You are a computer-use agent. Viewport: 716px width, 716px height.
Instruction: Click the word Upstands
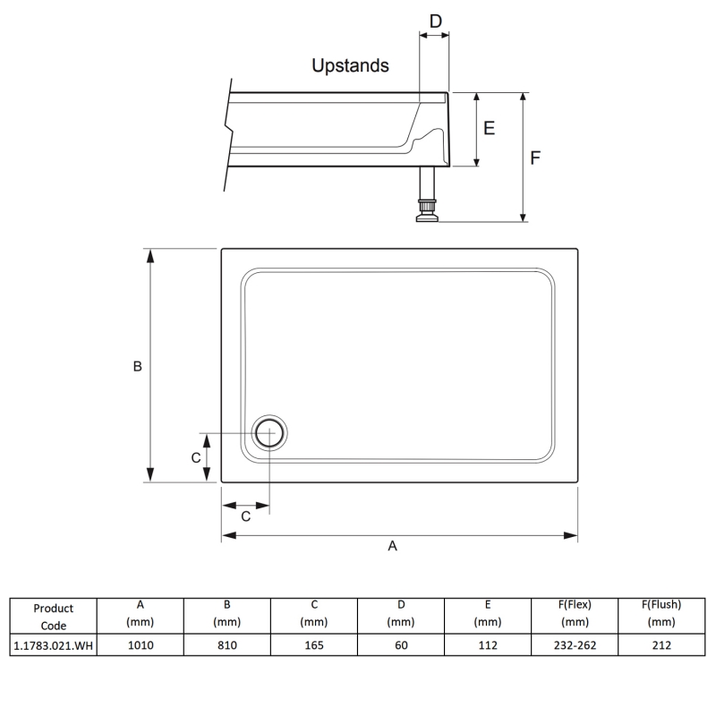(x=350, y=65)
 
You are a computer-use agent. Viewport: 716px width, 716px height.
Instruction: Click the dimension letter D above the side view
(x=435, y=21)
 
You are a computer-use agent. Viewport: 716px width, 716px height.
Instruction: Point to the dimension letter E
(x=489, y=128)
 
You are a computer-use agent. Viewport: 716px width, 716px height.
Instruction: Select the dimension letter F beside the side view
(x=535, y=158)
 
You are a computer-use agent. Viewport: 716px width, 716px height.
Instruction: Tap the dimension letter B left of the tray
(x=138, y=366)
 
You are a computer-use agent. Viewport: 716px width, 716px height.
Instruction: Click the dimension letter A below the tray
(x=392, y=546)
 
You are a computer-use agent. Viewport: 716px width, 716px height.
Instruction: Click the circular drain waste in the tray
(x=268, y=433)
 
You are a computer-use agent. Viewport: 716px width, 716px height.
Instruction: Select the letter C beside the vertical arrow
(x=195, y=457)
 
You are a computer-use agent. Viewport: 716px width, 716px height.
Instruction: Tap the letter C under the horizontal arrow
(x=245, y=516)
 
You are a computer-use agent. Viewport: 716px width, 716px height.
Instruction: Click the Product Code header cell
(x=53, y=616)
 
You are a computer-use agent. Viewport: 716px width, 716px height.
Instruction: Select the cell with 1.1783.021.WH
(x=53, y=644)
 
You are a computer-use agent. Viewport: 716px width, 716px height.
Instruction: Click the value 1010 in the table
(x=140, y=644)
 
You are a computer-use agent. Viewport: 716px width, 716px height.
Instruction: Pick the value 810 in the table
(x=226, y=644)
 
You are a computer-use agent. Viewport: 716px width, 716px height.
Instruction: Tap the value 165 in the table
(x=313, y=644)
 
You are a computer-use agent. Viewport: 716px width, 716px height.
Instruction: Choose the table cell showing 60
(x=400, y=644)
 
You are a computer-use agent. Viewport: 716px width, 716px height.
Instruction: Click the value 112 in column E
(x=487, y=644)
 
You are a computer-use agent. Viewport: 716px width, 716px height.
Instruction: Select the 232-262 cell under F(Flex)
(x=574, y=644)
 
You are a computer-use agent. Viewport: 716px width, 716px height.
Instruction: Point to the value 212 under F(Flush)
(x=661, y=644)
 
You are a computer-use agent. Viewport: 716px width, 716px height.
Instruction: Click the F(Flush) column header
(x=661, y=612)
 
